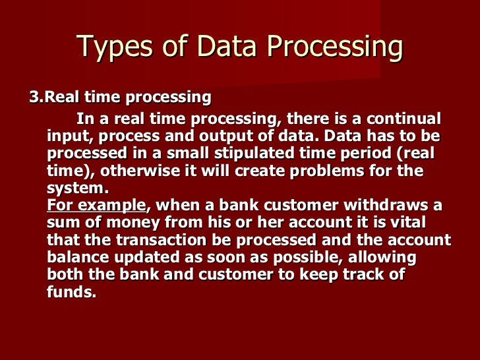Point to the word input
(66, 136)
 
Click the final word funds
(72, 291)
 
